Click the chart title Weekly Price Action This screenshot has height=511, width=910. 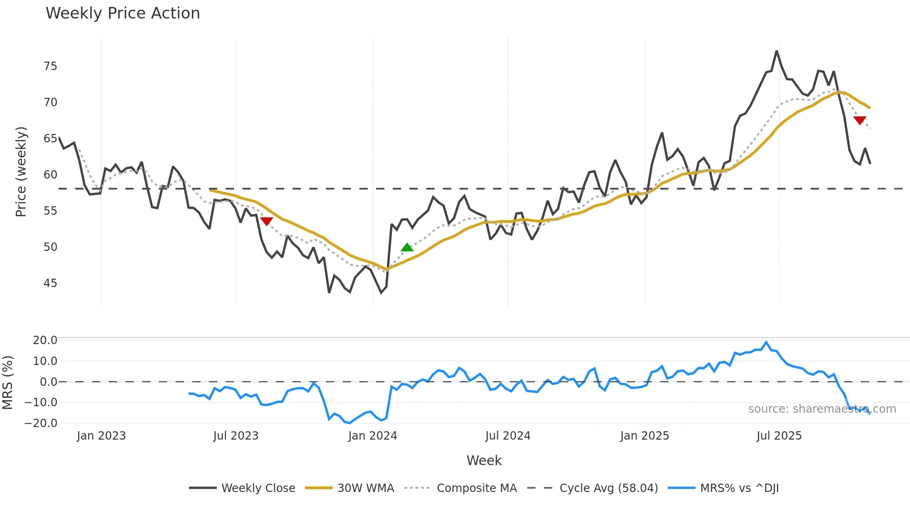coord(123,13)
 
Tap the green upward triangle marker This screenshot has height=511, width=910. coord(407,248)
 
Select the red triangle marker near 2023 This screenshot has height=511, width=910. coord(266,221)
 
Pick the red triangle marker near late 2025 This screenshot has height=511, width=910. coord(860,121)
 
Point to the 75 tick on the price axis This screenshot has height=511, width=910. coord(51,66)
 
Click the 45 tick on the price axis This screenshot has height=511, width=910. coord(51,283)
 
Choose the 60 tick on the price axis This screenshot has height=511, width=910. coord(51,175)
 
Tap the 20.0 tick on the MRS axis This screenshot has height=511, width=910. coord(45,340)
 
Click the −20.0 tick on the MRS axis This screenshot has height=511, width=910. coord(41,423)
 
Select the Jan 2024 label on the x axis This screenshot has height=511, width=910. coord(373,436)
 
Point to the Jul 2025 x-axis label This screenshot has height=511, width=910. coord(779,436)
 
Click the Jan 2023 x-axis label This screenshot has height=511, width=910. coord(101,436)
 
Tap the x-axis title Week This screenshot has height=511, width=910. coord(484,460)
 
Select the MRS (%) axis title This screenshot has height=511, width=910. coord(8,383)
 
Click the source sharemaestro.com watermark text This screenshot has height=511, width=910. coord(822,409)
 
